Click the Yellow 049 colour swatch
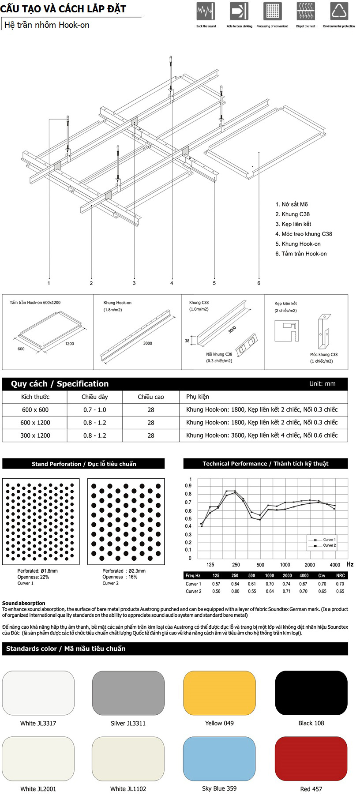(x=219, y=693)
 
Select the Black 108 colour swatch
(x=311, y=693)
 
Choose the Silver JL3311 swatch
(x=128, y=693)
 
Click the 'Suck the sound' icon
(x=206, y=11)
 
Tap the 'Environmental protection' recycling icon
(x=339, y=11)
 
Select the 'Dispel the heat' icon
(x=305, y=11)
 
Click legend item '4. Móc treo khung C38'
(x=304, y=234)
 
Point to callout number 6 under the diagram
(x=259, y=283)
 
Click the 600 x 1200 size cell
(x=35, y=423)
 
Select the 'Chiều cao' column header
(x=151, y=397)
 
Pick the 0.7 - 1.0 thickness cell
(x=95, y=410)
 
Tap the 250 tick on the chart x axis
(x=236, y=565)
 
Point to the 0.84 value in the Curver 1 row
(x=235, y=584)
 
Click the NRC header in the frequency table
(x=340, y=575)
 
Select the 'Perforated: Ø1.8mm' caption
(x=37, y=571)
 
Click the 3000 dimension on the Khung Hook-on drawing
(x=148, y=343)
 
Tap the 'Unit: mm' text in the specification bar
(x=322, y=384)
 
